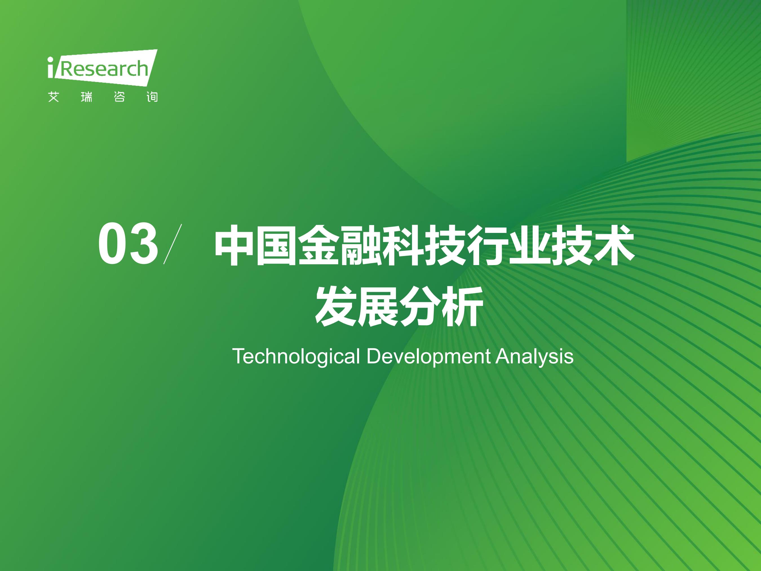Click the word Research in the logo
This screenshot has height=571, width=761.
[104, 69]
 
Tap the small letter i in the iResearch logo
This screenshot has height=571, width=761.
[50, 67]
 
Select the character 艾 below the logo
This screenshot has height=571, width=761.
[54, 97]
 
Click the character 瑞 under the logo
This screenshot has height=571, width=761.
[86, 97]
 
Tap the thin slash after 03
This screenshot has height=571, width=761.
[172, 244]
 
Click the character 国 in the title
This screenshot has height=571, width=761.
[276, 245]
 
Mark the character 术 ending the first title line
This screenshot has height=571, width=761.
[614, 245]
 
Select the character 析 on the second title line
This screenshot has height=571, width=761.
[463, 306]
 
